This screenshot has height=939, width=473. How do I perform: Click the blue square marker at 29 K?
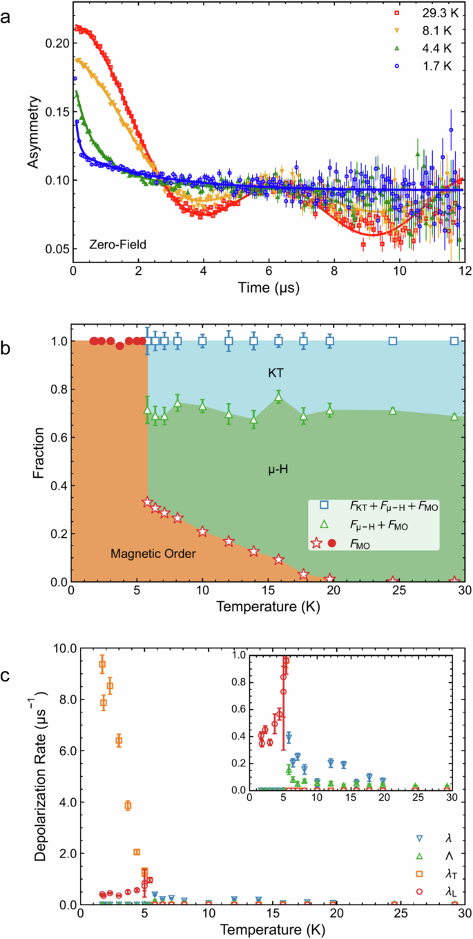[x=454, y=341]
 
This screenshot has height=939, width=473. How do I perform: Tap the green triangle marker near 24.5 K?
[x=393, y=411]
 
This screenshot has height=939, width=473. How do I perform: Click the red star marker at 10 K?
[x=202, y=532]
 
